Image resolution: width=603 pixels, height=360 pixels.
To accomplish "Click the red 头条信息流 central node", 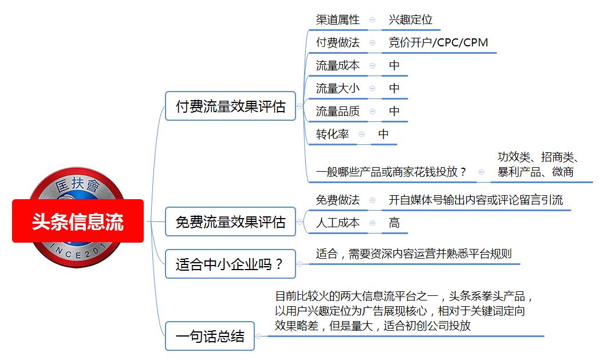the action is (78, 221).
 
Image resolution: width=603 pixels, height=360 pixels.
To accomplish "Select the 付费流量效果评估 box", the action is (230, 106).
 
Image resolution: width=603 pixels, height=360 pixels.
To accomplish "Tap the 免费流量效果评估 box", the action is (230, 221).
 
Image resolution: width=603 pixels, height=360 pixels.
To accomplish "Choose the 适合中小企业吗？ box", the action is (230, 264).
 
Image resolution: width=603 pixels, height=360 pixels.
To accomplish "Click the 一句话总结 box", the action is (210, 336).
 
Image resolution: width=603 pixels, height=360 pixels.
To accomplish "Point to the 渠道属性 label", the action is (338, 19).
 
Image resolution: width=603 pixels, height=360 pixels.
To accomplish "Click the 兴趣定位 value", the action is (411, 19).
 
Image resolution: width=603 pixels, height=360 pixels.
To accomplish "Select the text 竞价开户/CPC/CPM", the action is (438, 42).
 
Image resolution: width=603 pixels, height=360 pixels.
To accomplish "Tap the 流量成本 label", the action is (338, 65).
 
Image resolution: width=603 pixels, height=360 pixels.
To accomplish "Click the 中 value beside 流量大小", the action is (394, 88).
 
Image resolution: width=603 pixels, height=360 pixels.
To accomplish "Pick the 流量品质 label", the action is (338, 111).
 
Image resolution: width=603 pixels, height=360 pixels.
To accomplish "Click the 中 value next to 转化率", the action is (384, 134).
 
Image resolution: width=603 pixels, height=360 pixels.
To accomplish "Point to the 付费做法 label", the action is (338, 42).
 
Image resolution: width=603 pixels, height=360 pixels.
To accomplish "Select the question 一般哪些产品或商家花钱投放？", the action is (391, 171).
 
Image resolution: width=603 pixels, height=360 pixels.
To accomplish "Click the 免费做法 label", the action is (338, 200).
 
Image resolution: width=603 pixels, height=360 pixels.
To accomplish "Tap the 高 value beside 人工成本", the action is (394, 223).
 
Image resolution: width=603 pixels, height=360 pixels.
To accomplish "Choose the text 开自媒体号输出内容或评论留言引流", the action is (476, 200).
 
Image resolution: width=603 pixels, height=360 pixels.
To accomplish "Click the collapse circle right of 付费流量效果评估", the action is (300, 106).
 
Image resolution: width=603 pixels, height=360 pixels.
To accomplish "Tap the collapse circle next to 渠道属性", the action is (372, 19).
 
